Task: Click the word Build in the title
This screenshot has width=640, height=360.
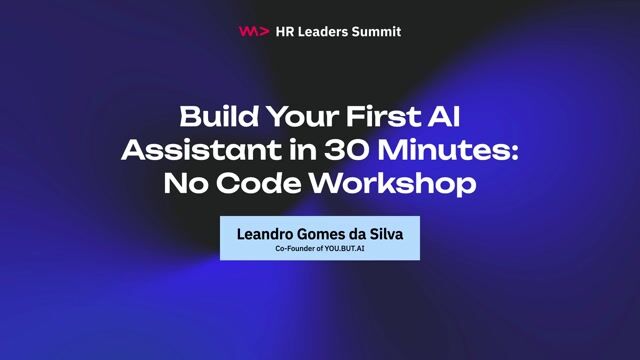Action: (212, 117)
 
